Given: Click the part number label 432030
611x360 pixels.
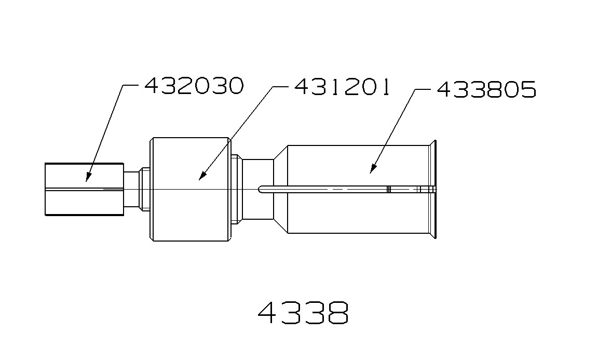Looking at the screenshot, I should click(x=194, y=86).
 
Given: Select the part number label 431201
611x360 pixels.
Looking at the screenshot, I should click(x=342, y=87).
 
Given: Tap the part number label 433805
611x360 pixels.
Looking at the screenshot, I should click(x=486, y=90).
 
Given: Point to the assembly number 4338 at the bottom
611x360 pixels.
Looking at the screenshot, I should click(x=304, y=313).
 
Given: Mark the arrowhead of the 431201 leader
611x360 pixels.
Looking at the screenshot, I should click(x=201, y=178).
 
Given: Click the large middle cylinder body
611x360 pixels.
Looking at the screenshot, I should click(x=189, y=208).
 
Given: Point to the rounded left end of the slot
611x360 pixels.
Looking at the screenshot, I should click(x=261, y=190).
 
